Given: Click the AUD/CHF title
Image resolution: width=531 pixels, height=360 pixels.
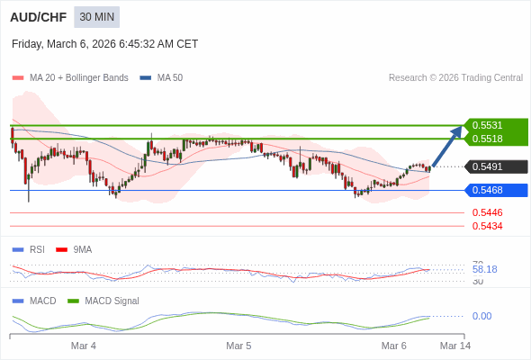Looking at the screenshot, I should coord(36,17).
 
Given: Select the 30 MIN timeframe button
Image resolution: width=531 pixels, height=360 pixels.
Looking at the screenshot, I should coord(96,17).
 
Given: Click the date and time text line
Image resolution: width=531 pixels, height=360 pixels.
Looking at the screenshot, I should coord(105,44).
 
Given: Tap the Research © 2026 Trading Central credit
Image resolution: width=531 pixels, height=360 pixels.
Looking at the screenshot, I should coord(455,78).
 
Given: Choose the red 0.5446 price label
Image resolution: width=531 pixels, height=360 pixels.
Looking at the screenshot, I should coord(487,212).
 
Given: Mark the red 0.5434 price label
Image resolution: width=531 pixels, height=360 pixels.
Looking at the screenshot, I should coord(487,226).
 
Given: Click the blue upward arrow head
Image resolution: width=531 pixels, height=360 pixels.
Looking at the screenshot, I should coord(457,130).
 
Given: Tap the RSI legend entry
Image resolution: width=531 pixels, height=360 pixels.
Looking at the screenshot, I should coord(36,249).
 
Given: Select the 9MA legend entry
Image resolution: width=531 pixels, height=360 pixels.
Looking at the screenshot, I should coord(82,249).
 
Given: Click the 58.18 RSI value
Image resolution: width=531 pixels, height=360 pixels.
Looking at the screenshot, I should coord(484,269).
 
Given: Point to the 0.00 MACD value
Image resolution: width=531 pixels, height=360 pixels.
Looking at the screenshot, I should coord(481,316).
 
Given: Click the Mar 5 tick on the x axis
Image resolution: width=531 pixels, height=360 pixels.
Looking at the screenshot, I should coord(238,346).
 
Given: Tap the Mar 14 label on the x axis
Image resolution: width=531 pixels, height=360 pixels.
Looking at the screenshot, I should coord(454,346).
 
